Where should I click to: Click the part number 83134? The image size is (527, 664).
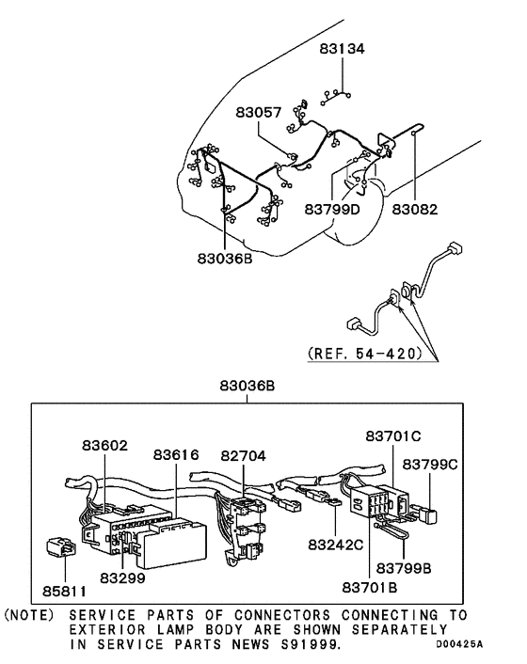342,49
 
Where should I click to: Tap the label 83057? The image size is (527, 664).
259,112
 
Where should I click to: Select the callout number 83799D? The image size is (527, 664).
332,209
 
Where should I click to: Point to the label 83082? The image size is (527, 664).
414,209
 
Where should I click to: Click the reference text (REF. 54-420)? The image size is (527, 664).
365,354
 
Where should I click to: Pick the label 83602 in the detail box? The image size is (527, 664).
104,446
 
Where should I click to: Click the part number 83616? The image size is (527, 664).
176,455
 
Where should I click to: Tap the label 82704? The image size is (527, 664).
243,455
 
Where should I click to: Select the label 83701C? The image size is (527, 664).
393,435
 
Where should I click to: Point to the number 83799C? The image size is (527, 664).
430,465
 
